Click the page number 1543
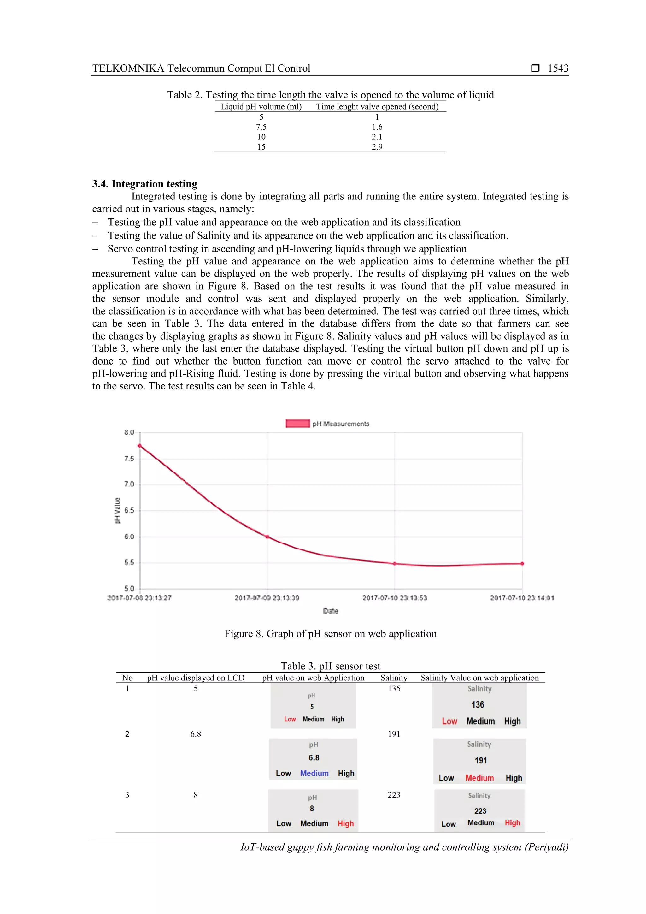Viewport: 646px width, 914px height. tap(558, 68)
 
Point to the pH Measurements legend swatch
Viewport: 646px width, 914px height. tap(297, 424)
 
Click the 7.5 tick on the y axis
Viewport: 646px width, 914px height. tap(129, 459)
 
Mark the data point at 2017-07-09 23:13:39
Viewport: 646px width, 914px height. tap(267, 537)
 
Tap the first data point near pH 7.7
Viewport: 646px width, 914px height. tap(140, 446)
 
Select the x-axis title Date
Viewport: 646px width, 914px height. tap(330, 611)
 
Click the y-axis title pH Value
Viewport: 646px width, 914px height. tap(117, 510)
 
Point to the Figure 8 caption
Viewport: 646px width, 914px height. tap(330, 634)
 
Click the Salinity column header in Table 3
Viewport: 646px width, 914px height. tap(394, 678)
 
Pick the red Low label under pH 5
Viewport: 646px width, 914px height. tap(290, 719)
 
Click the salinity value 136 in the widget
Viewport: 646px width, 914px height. tap(478, 705)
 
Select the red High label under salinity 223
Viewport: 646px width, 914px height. tap(512, 822)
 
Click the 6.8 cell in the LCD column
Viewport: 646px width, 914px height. tap(195, 734)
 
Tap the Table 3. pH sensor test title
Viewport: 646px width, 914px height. tap(330, 666)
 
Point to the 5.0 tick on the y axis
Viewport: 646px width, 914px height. tap(129, 588)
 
